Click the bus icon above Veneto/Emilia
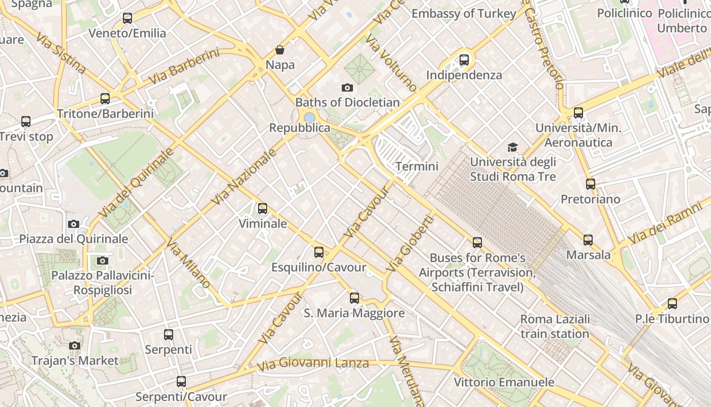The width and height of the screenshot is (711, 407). pyautogui.click(x=127, y=19)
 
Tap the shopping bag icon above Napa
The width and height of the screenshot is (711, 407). pyautogui.click(x=280, y=50)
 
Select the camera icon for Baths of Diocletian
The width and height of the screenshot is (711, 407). pyautogui.click(x=347, y=88)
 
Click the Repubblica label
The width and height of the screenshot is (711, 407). pyautogui.click(x=300, y=128)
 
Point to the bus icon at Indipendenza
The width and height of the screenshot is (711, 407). pyautogui.click(x=464, y=60)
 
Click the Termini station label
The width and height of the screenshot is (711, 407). pyautogui.click(x=416, y=166)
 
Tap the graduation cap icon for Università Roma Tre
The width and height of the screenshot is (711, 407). pyautogui.click(x=513, y=148)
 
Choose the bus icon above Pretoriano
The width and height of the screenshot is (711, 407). pyautogui.click(x=590, y=184)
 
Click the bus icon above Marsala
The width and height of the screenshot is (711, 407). pyautogui.click(x=588, y=240)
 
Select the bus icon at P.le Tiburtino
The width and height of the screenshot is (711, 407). pyautogui.click(x=672, y=304)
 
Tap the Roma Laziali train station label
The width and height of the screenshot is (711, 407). pyautogui.click(x=555, y=327)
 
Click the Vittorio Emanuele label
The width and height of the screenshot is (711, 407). pyautogui.click(x=504, y=382)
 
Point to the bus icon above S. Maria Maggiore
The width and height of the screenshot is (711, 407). pyautogui.click(x=354, y=298)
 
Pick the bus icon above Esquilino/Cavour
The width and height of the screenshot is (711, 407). pyautogui.click(x=319, y=252)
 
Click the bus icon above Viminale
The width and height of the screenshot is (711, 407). pyautogui.click(x=263, y=209)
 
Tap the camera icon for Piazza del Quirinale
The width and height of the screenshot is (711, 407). pyautogui.click(x=74, y=224)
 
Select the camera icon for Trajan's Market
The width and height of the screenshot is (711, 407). pyautogui.click(x=75, y=346)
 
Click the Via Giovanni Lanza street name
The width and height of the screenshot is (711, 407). pyautogui.click(x=313, y=364)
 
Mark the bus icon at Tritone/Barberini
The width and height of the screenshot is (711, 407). pyautogui.click(x=105, y=99)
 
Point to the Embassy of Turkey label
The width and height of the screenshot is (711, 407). pyautogui.click(x=464, y=14)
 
